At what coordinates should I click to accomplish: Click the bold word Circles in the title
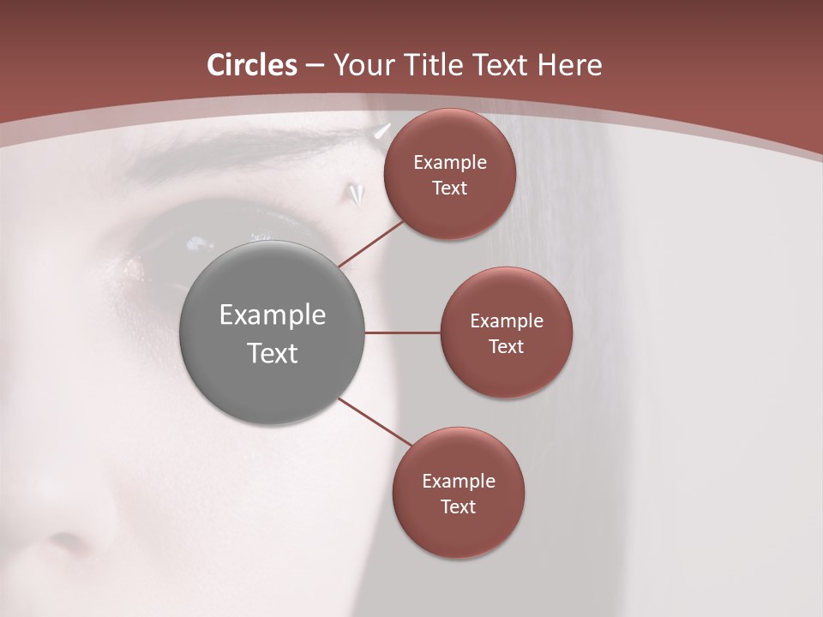tap(251, 65)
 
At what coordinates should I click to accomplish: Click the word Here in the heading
tap(570, 65)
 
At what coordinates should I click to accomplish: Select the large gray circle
tap(272, 332)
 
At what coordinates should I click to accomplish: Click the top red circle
tap(449, 174)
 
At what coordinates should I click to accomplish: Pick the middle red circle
tap(506, 332)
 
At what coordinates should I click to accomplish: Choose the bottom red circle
tap(458, 493)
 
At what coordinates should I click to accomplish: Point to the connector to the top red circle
tap(370, 243)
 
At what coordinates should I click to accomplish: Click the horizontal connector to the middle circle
tap(402, 332)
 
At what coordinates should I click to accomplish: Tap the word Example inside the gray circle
tap(272, 314)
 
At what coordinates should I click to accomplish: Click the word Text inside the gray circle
tap(272, 352)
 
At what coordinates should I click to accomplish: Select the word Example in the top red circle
tap(449, 162)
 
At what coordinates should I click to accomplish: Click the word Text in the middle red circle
tap(506, 346)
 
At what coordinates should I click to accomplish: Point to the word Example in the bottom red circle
tap(458, 481)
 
